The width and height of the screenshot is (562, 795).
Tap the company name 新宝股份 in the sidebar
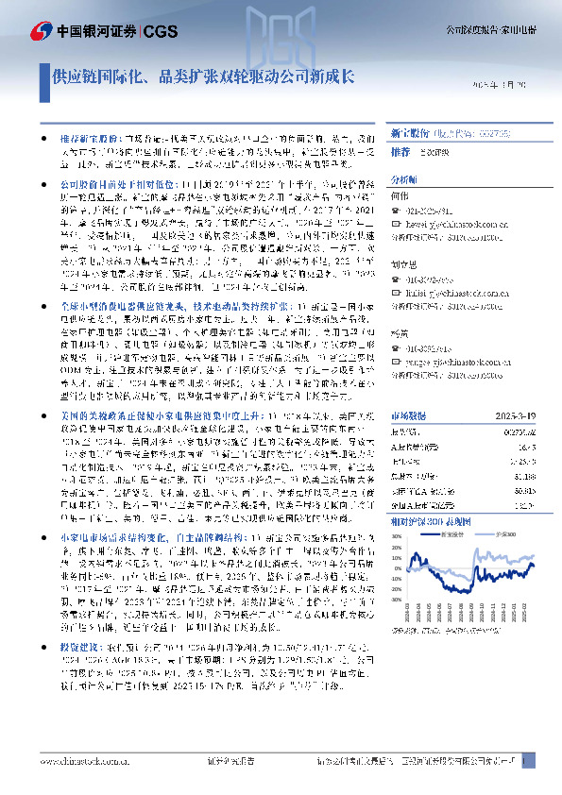point(409,135)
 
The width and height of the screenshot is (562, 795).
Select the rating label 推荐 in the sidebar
point(400,151)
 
